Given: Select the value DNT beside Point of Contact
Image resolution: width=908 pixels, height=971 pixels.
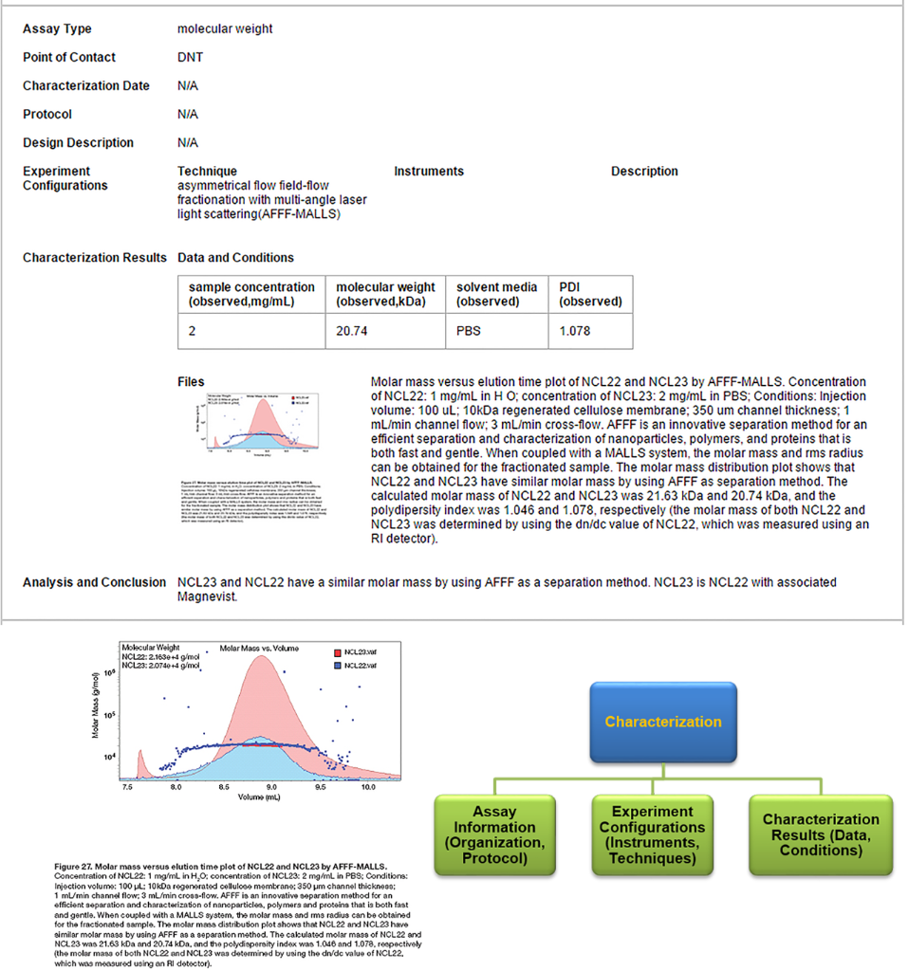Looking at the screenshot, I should (x=190, y=58).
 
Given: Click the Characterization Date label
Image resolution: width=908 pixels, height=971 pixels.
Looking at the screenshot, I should (x=86, y=86).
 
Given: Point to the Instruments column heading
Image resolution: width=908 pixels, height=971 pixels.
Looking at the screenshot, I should (x=429, y=172).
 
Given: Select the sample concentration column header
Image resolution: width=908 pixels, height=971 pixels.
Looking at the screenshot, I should (x=251, y=294).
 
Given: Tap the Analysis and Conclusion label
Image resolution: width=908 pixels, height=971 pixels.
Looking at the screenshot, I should (x=94, y=582).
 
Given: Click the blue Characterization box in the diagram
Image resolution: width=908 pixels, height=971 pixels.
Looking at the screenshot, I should (x=663, y=722).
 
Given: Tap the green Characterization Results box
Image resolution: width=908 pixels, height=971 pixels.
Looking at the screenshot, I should (x=821, y=835).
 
